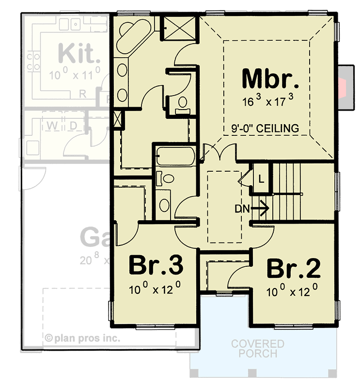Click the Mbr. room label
coord(267,79)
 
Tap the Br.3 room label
coord(156,266)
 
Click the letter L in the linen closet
coord(261,178)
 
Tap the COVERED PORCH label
coord(257,349)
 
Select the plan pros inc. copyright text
coord(83,338)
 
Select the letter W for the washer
coord(51,125)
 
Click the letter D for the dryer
coord(74,125)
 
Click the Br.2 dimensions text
coord(293,291)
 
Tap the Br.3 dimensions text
coord(155,290)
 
